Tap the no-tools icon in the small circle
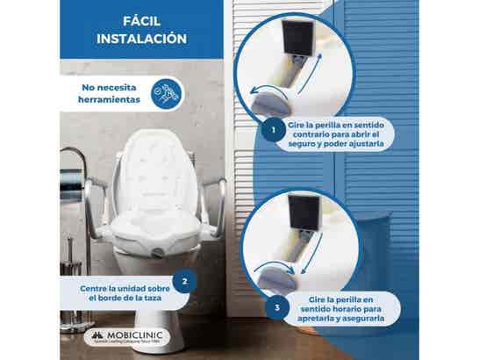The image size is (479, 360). [159, 94]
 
